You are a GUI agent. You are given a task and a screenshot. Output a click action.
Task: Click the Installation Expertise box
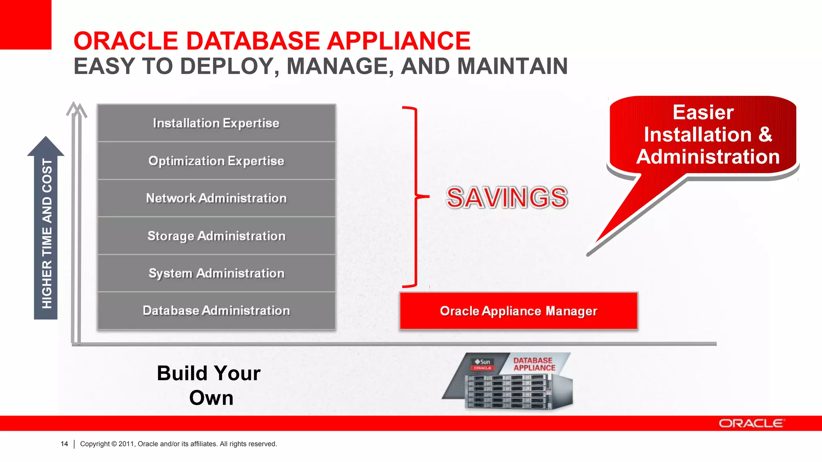[x=216, y=123]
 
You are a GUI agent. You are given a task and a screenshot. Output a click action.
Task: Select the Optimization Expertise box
[x=216, y=160]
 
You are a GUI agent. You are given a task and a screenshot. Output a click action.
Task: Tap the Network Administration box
[x=216, y=198]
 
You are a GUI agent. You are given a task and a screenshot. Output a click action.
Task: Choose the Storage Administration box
[x=216, y=236]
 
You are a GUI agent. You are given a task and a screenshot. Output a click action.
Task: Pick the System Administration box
[x=216, y=273]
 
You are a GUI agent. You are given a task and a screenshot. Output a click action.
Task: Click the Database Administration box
[x=216, y=311]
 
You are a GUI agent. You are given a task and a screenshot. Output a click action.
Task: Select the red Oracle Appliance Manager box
[x=519, y=311]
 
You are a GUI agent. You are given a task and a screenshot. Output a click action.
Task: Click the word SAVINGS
[x=507, y=198]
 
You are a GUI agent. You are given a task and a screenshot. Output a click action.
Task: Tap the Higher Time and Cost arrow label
[x=47, y=233]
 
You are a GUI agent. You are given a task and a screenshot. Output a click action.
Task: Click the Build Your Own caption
[x=210, y=385]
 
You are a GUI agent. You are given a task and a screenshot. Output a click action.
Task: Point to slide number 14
[x=64, y=444]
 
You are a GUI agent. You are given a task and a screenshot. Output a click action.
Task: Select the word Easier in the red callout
[x=703, y=112]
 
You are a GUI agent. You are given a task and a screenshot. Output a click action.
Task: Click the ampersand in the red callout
[x=765, y=134]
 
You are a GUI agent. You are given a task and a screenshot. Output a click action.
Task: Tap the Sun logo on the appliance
[x=483, y=362]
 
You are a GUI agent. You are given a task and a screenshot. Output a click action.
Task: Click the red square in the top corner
[x=25, y=24]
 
